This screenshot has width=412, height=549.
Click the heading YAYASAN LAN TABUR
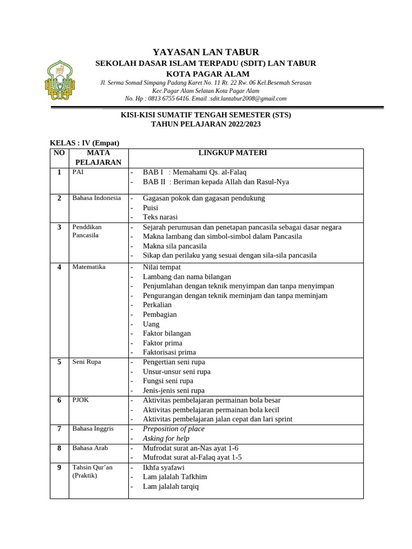[205, 52]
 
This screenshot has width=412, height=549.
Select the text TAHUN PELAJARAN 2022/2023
[205, 124]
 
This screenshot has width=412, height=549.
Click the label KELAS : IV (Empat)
[84, 143]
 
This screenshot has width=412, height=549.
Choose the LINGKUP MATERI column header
[232, 153]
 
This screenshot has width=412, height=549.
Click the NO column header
[58, 153]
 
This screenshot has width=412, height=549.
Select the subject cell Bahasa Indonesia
[97, 198]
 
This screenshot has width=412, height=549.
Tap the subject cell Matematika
[89, 266]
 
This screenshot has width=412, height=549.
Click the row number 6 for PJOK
[59, 400]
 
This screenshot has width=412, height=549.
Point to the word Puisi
[151, 207]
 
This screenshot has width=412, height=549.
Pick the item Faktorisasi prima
[169, 352]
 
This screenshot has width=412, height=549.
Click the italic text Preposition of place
[173, 429]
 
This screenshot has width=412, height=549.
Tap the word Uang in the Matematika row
[151, 324]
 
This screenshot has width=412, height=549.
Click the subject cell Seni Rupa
[87, 362]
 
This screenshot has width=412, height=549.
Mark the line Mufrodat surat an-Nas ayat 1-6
[190, 448]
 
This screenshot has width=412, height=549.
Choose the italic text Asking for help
[166, 439]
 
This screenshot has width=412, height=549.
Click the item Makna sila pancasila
[174, 246]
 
